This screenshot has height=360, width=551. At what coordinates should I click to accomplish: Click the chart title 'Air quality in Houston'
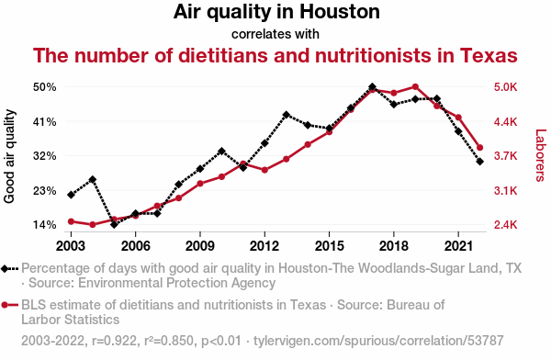[x=276, y=12]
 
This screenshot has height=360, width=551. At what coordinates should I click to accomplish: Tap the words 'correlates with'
[x=275, y=34]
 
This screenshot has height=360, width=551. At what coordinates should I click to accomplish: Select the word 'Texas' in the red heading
[x=489, y=55]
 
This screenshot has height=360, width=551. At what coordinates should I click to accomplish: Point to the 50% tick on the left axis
[x=45, y=87]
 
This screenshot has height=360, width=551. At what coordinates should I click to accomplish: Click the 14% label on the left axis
[x=45, y=225]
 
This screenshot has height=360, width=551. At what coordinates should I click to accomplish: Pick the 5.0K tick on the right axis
[x=505, y=87]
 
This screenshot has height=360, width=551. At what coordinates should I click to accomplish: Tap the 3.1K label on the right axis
[x=505, y=190]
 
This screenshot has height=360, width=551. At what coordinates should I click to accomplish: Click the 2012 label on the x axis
[x=264, y=246]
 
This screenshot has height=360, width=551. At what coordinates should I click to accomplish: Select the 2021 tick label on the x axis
[x=458, y=246]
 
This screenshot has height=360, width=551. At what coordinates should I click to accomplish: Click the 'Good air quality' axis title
[x=9, y=156]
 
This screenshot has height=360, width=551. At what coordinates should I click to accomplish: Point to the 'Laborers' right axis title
[x=541, y=155]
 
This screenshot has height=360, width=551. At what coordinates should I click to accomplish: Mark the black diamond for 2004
[x=93, y=180]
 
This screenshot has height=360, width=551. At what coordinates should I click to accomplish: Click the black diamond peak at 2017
[x=373, y=87]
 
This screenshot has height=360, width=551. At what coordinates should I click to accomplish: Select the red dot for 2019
[x=415, y=87]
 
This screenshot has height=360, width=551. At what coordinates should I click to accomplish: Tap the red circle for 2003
[x=71, y=221]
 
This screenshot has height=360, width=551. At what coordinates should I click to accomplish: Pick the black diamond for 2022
[x=480, y=162]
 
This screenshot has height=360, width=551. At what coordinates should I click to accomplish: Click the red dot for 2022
[x=480, y=148]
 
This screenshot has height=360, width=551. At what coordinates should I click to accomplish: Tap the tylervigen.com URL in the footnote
[x=378, y=341]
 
